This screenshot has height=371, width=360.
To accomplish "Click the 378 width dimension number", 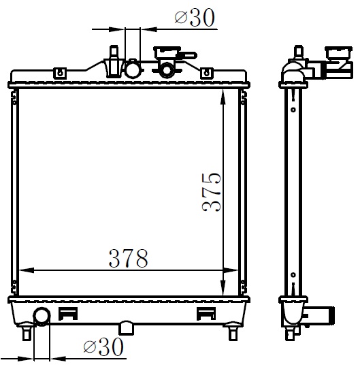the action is pos(129,258).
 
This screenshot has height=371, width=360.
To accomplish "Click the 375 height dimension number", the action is pos(212,192).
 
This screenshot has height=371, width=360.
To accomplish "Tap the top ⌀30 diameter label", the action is pos(195,17).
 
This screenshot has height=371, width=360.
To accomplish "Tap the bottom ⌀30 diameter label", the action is pos(103,346).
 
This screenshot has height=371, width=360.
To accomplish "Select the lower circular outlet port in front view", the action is pos(42,316).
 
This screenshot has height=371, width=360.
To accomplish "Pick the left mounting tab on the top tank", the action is pos(61,73).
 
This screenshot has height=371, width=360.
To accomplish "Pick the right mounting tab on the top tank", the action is pos(206,73).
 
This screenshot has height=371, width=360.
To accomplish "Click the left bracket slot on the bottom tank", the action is pos(68,314).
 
